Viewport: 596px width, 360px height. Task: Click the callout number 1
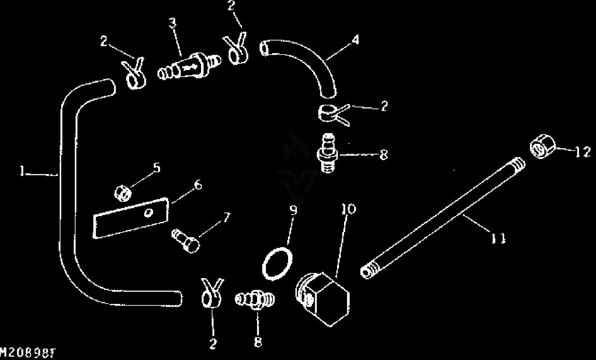coord(23,171)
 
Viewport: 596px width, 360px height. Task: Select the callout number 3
coord(172,23)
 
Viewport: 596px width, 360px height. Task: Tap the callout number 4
coord(355,40)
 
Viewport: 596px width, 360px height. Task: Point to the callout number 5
coord(157,168)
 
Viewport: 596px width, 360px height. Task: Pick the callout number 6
coord(198,185)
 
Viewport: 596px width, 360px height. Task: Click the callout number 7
coord(226,217)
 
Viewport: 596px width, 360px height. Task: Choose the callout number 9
coord(293,210)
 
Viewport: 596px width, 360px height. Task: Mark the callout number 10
coord(349,209)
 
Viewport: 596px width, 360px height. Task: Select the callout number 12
coord(583,152)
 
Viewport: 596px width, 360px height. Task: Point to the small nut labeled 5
coord(123,194)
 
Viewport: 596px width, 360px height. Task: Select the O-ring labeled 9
coord(279,263)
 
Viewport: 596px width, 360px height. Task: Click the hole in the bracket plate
coord(149,213)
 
